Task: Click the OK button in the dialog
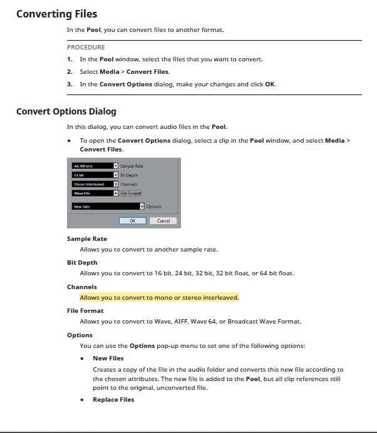pos(132,221)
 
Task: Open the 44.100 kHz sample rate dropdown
pos(95,166)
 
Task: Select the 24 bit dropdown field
pos(95,175)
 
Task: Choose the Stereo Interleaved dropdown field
pos(95,185)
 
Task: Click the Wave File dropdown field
pos(95,193)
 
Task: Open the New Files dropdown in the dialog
pos(108,206)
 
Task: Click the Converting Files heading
pos(56,14)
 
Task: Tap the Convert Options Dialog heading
pos(66,112)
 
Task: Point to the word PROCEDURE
pos(86,47)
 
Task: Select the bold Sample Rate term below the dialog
pos(87,239)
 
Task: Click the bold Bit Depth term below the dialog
pos(82,263)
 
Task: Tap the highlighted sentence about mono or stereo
pos(159,297)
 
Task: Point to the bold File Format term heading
pos(85,311)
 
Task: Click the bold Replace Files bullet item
pos(113,400)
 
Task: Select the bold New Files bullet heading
pos(108,359)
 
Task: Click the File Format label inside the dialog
pos(130,193)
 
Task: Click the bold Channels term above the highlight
pos(82,287)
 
